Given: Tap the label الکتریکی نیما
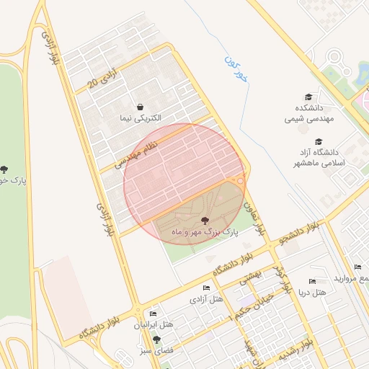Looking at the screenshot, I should pos(141,117).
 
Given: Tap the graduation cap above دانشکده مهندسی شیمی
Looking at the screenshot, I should pos(308,97).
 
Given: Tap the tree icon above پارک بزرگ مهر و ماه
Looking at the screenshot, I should pos(205,221).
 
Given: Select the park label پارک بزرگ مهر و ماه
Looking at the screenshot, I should pos(205,232).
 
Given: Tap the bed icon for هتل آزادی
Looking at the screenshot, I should pos(207,288).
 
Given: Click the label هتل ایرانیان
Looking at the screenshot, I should pos(153,325).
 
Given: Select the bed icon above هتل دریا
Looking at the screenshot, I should pos(312,281).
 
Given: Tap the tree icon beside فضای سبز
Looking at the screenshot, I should pos(156,339).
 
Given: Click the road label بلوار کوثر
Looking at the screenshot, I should pos(281,278).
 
